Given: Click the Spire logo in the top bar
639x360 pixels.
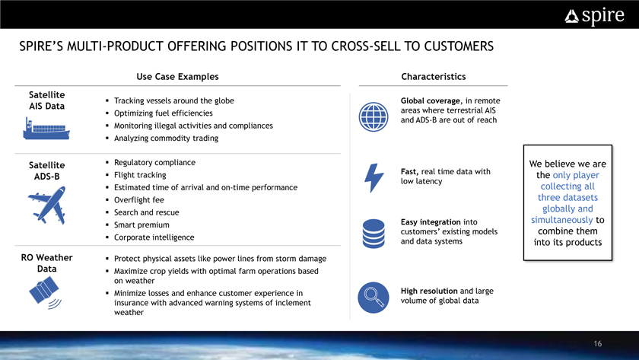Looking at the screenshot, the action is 594,16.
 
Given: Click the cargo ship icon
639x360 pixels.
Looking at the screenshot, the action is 46,129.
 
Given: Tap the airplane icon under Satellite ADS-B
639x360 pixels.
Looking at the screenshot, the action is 47,205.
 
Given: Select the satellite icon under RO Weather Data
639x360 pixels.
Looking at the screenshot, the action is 45,292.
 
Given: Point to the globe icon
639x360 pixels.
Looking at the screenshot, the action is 374,117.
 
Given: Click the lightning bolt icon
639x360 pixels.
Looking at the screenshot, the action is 374,178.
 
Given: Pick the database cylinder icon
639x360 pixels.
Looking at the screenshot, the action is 374,234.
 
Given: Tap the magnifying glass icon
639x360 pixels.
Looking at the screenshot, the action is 374,298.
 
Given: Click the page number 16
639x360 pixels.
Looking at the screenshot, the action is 598,344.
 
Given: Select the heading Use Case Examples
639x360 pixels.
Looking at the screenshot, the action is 177,77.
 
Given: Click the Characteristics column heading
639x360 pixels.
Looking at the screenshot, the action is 433,77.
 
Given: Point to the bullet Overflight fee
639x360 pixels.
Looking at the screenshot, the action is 139,199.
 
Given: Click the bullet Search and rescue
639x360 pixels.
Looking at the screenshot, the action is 146,212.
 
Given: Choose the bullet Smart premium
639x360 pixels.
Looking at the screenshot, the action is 141,225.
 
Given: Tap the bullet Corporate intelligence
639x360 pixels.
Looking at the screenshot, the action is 154,237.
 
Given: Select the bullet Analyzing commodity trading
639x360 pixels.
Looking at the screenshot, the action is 166,139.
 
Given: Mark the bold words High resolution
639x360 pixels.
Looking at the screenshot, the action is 429,291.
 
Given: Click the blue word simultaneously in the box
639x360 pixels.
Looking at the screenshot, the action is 561,220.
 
